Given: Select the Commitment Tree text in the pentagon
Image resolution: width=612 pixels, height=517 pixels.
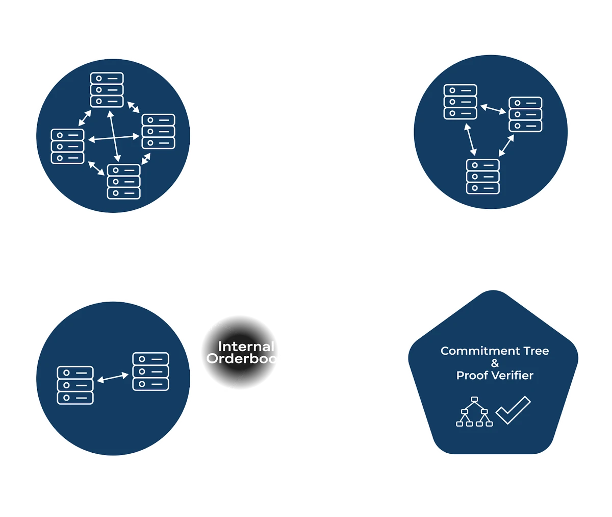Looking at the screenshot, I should coord(495,351).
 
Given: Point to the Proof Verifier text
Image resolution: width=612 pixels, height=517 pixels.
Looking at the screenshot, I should coord(495,376).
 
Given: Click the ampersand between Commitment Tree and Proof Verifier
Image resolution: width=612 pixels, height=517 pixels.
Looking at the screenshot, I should coord(495,363).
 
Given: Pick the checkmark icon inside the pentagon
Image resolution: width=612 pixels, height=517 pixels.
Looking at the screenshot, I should coord(513,410).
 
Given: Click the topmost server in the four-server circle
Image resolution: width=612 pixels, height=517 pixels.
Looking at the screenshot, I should coord(107,90).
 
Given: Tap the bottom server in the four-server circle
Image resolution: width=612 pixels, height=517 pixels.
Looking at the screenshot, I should coord(123,181).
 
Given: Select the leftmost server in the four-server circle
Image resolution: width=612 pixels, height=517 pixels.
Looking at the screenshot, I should coord(67,146).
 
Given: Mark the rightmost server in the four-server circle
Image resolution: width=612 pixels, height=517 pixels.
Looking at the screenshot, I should coord(158,131).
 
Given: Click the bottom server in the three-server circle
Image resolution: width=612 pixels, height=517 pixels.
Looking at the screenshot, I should coord(483,176).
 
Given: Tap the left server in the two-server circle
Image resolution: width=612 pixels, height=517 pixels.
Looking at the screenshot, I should coord(75,385).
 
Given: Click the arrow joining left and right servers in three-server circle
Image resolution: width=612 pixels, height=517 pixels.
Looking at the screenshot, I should coord(493,108).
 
